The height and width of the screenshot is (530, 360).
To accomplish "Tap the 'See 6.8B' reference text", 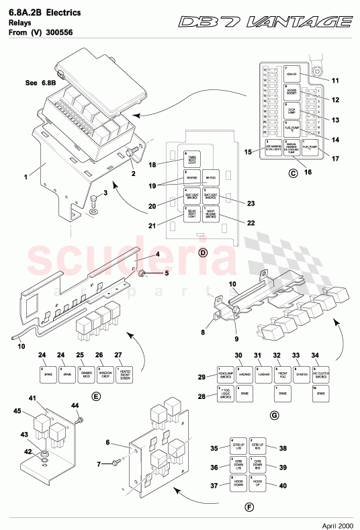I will (40, 83).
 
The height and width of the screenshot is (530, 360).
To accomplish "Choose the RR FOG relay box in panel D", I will (210, 178).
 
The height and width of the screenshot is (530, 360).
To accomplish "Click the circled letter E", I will (96, 397).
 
